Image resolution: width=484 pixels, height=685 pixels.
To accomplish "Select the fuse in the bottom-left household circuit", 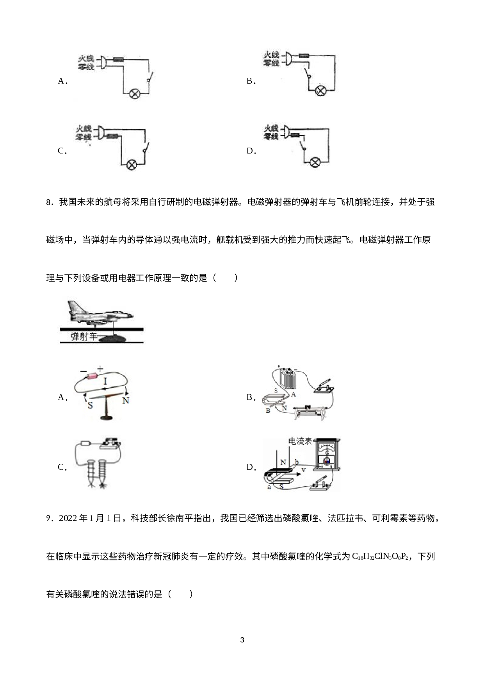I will click(x=113, y=136).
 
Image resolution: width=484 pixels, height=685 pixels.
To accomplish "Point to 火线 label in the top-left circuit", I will click(x=86, y=59).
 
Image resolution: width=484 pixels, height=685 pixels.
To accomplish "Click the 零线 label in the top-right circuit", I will click(x=272, y=63).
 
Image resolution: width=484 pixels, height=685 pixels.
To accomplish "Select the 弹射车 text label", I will click(x=84, y=337).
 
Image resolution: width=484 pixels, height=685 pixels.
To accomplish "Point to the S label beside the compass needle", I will click(x=91, y=405).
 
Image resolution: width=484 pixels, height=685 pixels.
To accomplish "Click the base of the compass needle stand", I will click(x=106, y=418).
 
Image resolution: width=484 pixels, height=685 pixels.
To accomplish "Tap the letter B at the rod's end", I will click(x=268, y=411).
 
